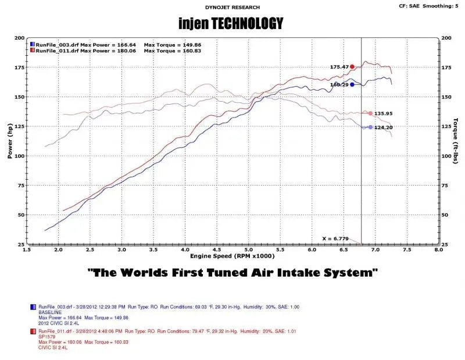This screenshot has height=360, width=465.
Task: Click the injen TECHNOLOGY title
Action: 231,23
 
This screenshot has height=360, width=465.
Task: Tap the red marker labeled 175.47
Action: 352,67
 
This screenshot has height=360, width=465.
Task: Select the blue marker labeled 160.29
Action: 352,84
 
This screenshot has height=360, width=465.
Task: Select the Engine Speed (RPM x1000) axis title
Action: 233,256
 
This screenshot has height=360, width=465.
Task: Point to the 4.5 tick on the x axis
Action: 217,249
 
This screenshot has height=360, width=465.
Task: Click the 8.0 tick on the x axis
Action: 439,249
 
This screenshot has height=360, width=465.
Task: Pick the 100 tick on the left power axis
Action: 20,156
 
